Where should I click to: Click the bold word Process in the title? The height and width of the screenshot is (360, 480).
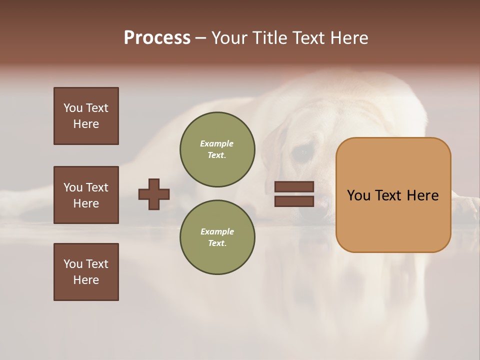click(x=157, y=38)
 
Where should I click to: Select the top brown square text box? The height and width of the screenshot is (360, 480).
click(x=86, y=116)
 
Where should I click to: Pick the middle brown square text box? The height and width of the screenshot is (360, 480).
click(x=86, y=195)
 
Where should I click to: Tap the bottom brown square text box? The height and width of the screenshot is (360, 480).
click(x=86, y=272)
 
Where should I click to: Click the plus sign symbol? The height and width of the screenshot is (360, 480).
click(x=154, y=194)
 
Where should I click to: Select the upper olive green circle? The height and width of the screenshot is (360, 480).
click(x=217, y=149)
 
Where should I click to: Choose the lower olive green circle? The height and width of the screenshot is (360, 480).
click(x=217, y=237)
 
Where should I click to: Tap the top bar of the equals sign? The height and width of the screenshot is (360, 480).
click(x=294, y=187)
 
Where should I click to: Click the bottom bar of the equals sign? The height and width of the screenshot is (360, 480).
click(x=294, y=201)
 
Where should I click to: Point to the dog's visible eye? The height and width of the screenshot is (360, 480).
click(x=300, y=154)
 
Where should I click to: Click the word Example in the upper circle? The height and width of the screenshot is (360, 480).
click(x=217, y=143)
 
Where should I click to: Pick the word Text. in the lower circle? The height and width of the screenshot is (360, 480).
click(x=217, y=243)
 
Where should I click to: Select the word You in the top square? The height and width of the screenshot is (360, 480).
click(x=73, y=108)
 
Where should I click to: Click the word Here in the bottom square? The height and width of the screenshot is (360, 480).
click(x=86, y=280)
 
